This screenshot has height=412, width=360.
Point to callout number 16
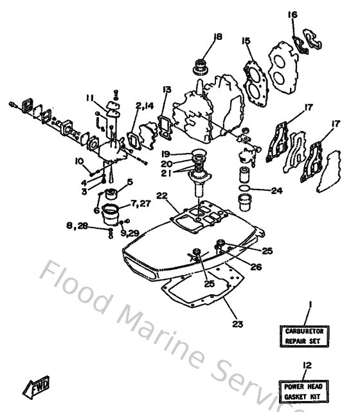tap(292, 15)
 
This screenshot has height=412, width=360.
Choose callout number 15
tap(246, 40)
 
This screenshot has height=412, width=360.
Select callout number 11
tap(90, 97)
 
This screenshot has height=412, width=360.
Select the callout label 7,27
tap(141, 204)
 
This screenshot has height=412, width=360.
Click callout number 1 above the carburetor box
tap(310, 304)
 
